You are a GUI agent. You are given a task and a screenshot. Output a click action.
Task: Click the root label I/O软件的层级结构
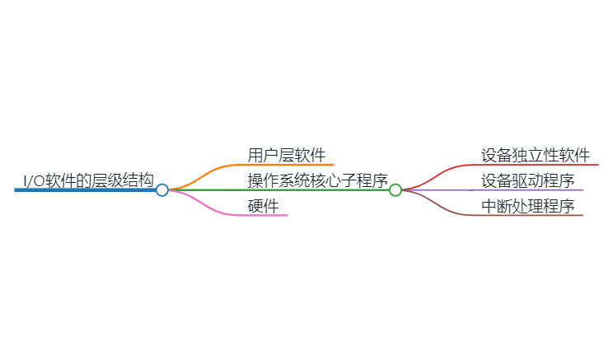[88, 180]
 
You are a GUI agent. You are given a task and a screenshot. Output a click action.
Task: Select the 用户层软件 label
[287, 155]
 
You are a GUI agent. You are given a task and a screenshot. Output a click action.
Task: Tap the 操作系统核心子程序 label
[317, 180]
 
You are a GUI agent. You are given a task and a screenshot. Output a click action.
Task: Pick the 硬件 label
[263, 206]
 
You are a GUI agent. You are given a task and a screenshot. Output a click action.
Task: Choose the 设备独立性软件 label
[536, 155]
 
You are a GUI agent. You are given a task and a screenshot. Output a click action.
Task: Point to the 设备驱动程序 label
[528, 180]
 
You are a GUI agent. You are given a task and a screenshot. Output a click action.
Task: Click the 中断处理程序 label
[528, 206]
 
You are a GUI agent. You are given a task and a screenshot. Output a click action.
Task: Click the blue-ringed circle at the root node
[162, 190]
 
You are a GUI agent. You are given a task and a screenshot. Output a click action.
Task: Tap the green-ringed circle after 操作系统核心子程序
[395, 190]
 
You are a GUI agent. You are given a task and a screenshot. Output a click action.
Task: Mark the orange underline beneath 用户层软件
[288, 165]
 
